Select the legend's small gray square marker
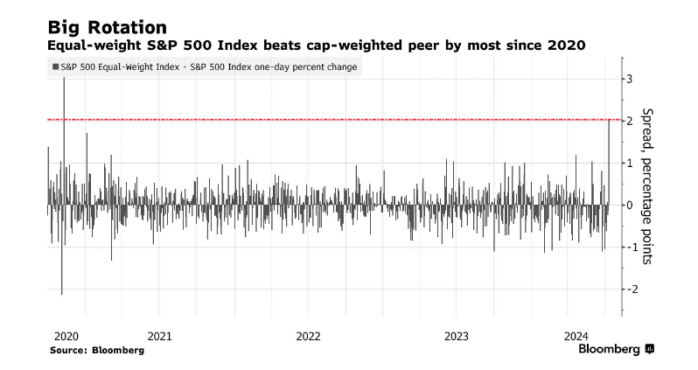56,66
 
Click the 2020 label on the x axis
66,336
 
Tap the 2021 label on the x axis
159,336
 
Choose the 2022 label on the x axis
309,336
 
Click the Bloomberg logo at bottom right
616,349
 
